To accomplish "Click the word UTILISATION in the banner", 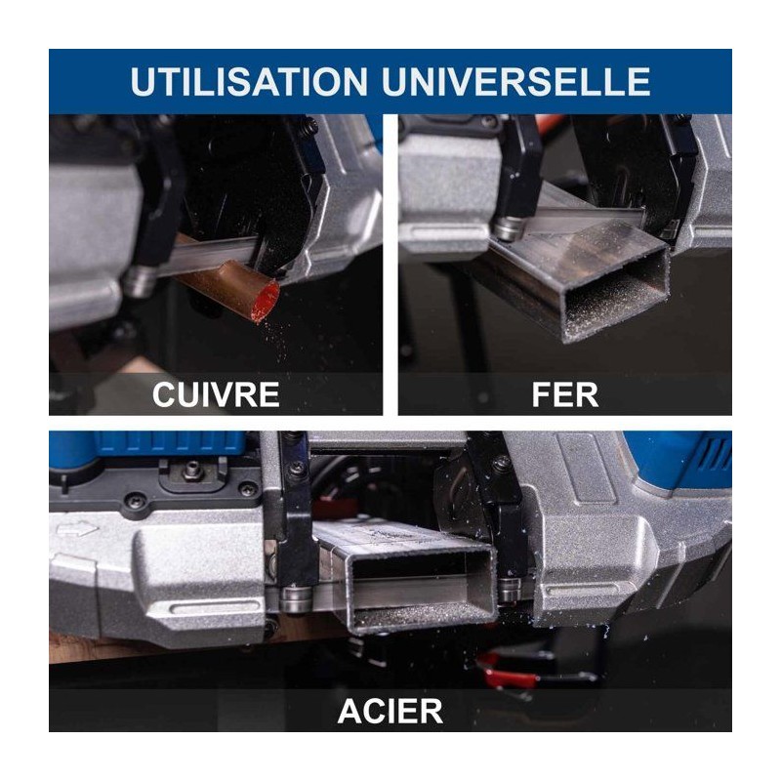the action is coord(249,81).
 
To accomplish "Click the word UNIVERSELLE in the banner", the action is coord(516,81).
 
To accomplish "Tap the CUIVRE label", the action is coord(216,394).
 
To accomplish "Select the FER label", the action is coord(565,394).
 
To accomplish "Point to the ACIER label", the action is coord(390,711).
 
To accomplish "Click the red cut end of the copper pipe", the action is coord(265,302).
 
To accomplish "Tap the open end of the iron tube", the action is coord(617,294).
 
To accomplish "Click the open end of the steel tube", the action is coord(422,588).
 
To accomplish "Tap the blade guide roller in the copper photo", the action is coord(138,281).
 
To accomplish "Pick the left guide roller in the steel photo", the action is coord(296,599).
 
